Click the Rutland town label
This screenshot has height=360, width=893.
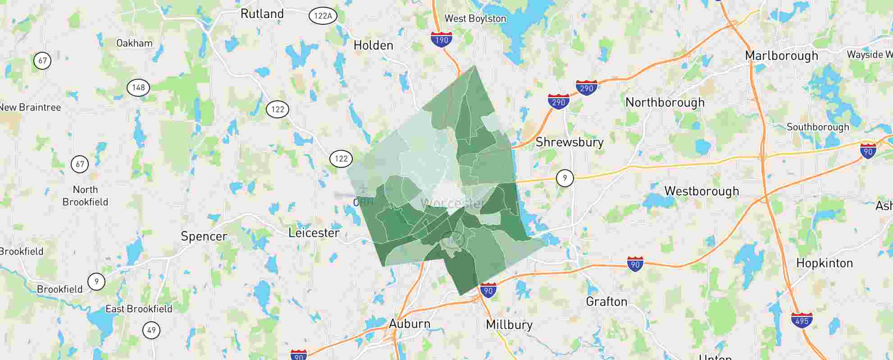point(262,14)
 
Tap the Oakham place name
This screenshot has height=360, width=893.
point(134,43)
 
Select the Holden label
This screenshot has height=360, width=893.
point(373,45)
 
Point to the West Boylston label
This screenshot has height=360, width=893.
point(475,18)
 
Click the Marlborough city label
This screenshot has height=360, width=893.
point(781,56)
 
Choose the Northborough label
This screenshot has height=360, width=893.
point(665,103)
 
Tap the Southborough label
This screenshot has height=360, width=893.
point(817,127)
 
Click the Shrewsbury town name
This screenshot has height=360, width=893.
point(569,142)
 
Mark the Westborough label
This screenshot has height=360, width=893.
point(702,191)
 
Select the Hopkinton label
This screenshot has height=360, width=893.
point(824,263)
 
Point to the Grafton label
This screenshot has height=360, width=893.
point(606,301)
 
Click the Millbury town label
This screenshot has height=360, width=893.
point(509,324)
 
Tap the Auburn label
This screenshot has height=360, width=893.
point(410,324)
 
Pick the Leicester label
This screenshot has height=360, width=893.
point(314,233)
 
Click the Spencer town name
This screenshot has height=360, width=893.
point(204,236)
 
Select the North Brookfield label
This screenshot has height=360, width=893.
point(85,196)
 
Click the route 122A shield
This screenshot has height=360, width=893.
point(323,16)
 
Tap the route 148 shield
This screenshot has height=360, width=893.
point(138,87)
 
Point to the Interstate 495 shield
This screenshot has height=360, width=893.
point(802,320)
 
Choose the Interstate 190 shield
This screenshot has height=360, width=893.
point(442,40)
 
